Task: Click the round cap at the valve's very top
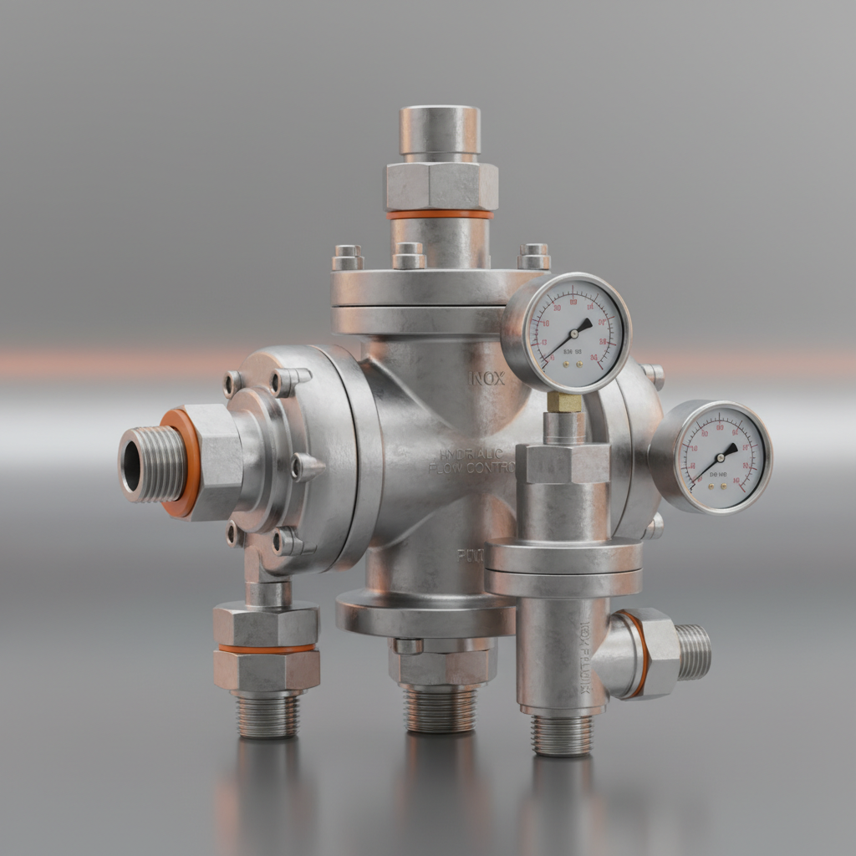point(440,130)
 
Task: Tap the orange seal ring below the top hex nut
point(441,214)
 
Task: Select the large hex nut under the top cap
point(441,186)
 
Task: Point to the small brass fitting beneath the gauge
point(564,403)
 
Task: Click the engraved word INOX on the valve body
point(487,378)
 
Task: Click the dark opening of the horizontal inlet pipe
point(132,465)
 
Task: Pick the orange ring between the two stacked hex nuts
point(267,648)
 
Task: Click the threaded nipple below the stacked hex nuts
point(267,715)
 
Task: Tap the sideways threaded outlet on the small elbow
point(693,650)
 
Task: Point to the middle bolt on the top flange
point(409,255)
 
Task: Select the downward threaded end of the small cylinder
point(562,734)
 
